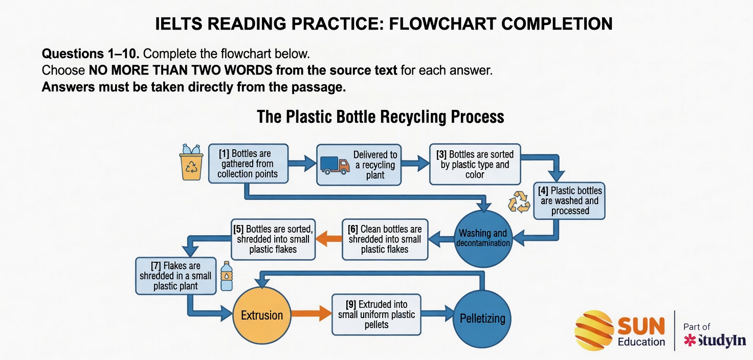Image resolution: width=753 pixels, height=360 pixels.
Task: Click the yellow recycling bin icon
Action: (x=192, y=163)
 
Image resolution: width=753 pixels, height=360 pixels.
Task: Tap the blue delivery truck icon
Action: (x=335, y=165)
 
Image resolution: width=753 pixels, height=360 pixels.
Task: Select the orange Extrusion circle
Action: (x=262, y=315)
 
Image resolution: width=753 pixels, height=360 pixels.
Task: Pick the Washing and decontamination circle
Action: (x=483, y=238)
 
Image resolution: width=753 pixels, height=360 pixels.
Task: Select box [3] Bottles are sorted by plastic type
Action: (x=475, y=164)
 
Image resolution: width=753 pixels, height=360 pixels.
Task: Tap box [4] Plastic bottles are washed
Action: (x=570, y=200)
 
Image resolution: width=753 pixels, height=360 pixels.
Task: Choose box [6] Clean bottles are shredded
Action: (x=384, y=239)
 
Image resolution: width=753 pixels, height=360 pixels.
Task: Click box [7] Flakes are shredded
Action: (x=175, y=276)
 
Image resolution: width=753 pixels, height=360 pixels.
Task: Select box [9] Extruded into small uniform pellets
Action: (x=376, y=314)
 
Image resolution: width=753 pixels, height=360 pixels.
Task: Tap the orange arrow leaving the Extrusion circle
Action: (x=311, y=313)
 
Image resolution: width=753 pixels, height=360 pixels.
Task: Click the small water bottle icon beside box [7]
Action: (x=226, y=277)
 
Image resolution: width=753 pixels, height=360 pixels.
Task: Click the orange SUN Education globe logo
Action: (x=593, y=330)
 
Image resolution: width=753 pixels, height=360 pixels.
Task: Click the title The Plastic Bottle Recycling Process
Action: (x=380, y=117)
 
